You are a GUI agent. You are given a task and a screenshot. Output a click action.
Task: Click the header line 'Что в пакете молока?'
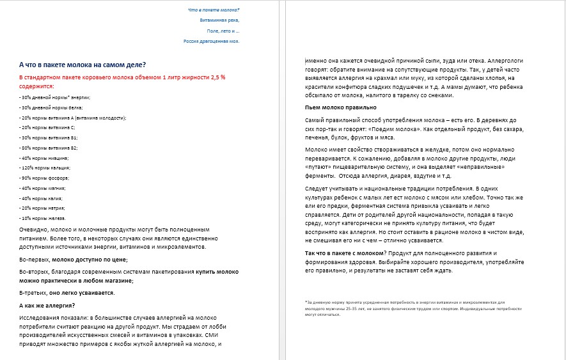click(214, 10)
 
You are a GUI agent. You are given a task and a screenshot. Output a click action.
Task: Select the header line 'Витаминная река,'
click(219, 20)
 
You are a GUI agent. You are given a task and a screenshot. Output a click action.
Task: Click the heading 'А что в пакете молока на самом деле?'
click(83, 64)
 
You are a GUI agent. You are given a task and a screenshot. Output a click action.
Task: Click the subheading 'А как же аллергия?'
click(47, 305)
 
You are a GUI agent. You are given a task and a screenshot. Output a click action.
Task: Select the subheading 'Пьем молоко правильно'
click(340, 107)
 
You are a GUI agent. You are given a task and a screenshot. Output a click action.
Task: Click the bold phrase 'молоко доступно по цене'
click(90, 259)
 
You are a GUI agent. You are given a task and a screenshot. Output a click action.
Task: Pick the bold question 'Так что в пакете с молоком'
click(344, 253)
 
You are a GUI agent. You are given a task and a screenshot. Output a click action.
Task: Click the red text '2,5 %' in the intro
click(218, 77)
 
